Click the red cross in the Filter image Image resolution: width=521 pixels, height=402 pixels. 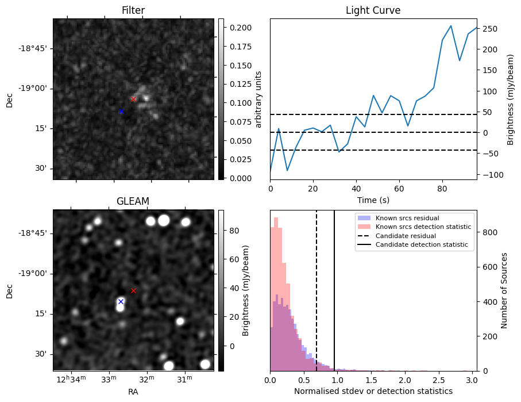[133, 99]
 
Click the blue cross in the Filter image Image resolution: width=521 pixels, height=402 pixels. [121, 111]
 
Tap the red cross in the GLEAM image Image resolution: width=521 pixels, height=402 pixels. [133, 290]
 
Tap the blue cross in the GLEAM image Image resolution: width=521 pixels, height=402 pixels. [121, 301]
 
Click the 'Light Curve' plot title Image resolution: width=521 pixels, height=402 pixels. [373, 10]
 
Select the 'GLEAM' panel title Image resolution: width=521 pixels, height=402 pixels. [133, 201]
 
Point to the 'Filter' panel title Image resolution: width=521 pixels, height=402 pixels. [133, 10]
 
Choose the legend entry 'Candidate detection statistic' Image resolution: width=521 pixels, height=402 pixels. [421, 245]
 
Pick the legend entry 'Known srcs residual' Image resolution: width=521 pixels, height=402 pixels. [407, 219]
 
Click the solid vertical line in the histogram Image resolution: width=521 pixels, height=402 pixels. [334, 299]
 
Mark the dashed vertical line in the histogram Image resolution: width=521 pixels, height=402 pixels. [317, 299]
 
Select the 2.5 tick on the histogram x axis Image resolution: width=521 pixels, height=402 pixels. [438, 380]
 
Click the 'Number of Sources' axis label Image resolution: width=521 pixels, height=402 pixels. [504, 290]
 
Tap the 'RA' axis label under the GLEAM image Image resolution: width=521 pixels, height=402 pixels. [133, 392]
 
